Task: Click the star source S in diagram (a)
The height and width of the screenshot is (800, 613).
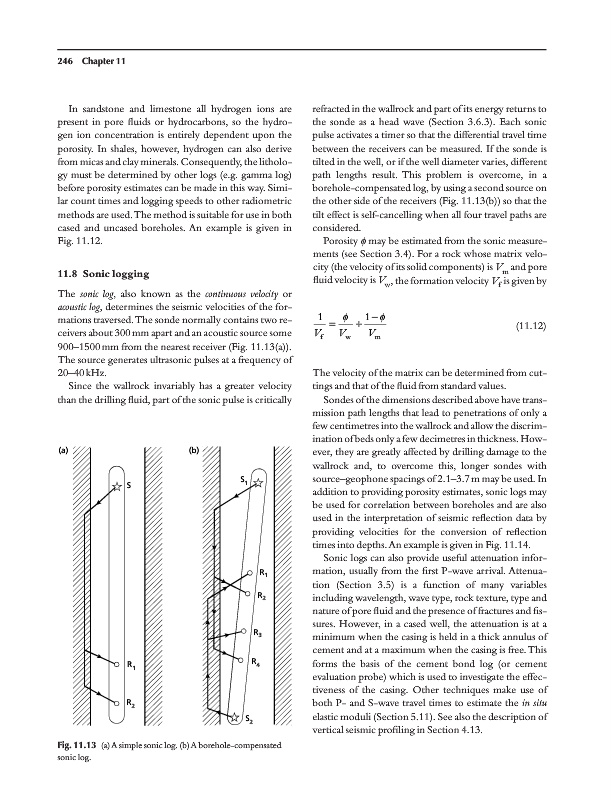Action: (114, 485)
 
